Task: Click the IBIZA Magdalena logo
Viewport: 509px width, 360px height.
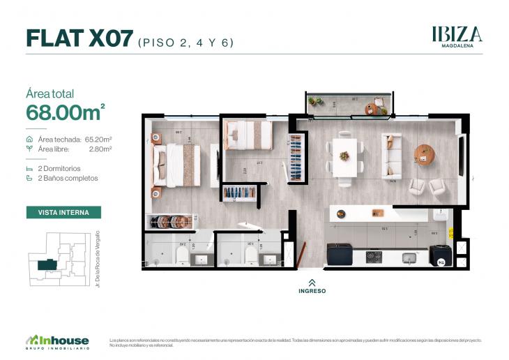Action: [x=457, y=36]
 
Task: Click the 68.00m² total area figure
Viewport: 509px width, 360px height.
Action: [x=65, y=111]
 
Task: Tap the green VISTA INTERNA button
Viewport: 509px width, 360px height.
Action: [x=63, y=212]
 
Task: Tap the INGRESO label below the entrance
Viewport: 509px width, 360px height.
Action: [x=312, y=291]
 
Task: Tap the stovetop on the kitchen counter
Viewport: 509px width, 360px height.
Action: [x=374, y=256]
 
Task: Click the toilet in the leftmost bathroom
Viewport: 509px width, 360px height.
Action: [x=183, y=257]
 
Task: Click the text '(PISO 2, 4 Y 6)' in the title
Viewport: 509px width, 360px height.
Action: [x=186, y=42]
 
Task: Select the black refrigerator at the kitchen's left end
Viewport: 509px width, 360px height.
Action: [x=340, y=253]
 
